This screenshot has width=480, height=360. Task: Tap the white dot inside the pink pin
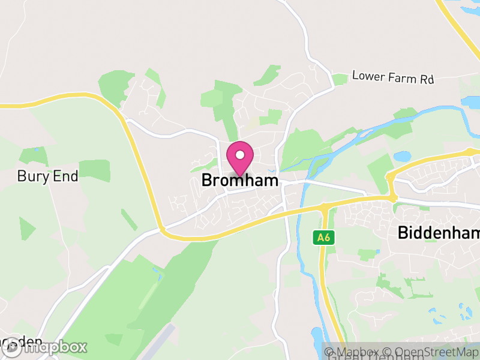pos(240,155)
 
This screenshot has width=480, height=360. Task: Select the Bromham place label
pos(240,180)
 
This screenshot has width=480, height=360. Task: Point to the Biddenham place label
pos(438,233)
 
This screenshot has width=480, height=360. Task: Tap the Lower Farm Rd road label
pos(392,77)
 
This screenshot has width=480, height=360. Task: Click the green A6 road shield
pos(323,238)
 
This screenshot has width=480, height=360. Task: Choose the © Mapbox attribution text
pos(357,352)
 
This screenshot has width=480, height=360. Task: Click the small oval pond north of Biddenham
pos(402,157)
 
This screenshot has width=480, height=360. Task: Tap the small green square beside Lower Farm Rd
pos(340,79)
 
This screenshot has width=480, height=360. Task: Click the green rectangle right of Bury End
pos(95,170)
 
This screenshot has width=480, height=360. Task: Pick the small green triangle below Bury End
pos(26,229)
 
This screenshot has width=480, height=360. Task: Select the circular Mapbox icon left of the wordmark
pos(13,347)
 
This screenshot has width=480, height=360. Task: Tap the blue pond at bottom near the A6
pos(317,336)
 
